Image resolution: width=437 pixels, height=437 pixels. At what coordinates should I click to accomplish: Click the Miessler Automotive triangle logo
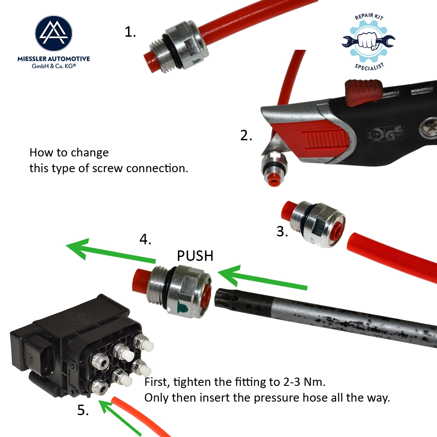54,33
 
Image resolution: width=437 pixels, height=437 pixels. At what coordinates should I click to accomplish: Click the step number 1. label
130,32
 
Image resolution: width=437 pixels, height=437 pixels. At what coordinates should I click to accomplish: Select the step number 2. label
246,135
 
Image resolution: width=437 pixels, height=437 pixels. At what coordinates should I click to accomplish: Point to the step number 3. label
282,232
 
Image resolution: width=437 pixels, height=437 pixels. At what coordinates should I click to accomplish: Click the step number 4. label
146,239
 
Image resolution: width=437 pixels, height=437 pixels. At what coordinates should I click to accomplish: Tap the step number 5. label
83,410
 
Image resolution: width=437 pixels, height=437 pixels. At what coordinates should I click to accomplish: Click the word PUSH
195,256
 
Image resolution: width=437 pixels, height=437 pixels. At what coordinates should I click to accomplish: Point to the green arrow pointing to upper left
109,251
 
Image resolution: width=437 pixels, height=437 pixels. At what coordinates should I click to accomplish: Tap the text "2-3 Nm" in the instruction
302,382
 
